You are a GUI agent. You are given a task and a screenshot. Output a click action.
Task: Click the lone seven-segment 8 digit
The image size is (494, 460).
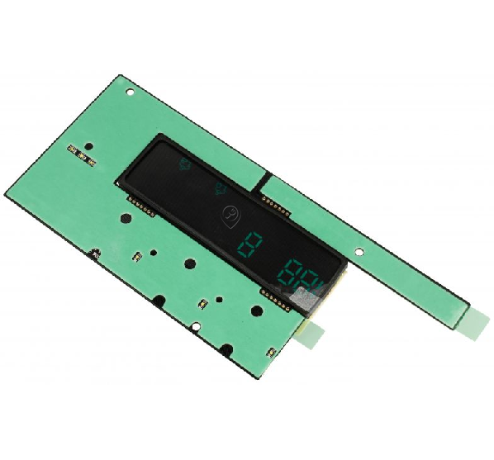coord(249,245)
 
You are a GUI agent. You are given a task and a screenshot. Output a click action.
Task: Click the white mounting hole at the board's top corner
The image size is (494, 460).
coord(130,92)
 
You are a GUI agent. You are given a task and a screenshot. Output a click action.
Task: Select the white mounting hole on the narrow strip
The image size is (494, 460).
coord(359,252)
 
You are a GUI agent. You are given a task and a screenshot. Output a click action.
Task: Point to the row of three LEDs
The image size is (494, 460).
coord(81,155)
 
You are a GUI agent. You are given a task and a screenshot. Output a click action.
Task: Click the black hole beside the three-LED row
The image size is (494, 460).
coord(89,146)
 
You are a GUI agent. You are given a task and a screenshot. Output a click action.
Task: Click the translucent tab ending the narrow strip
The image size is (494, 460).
coord(475,324)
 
